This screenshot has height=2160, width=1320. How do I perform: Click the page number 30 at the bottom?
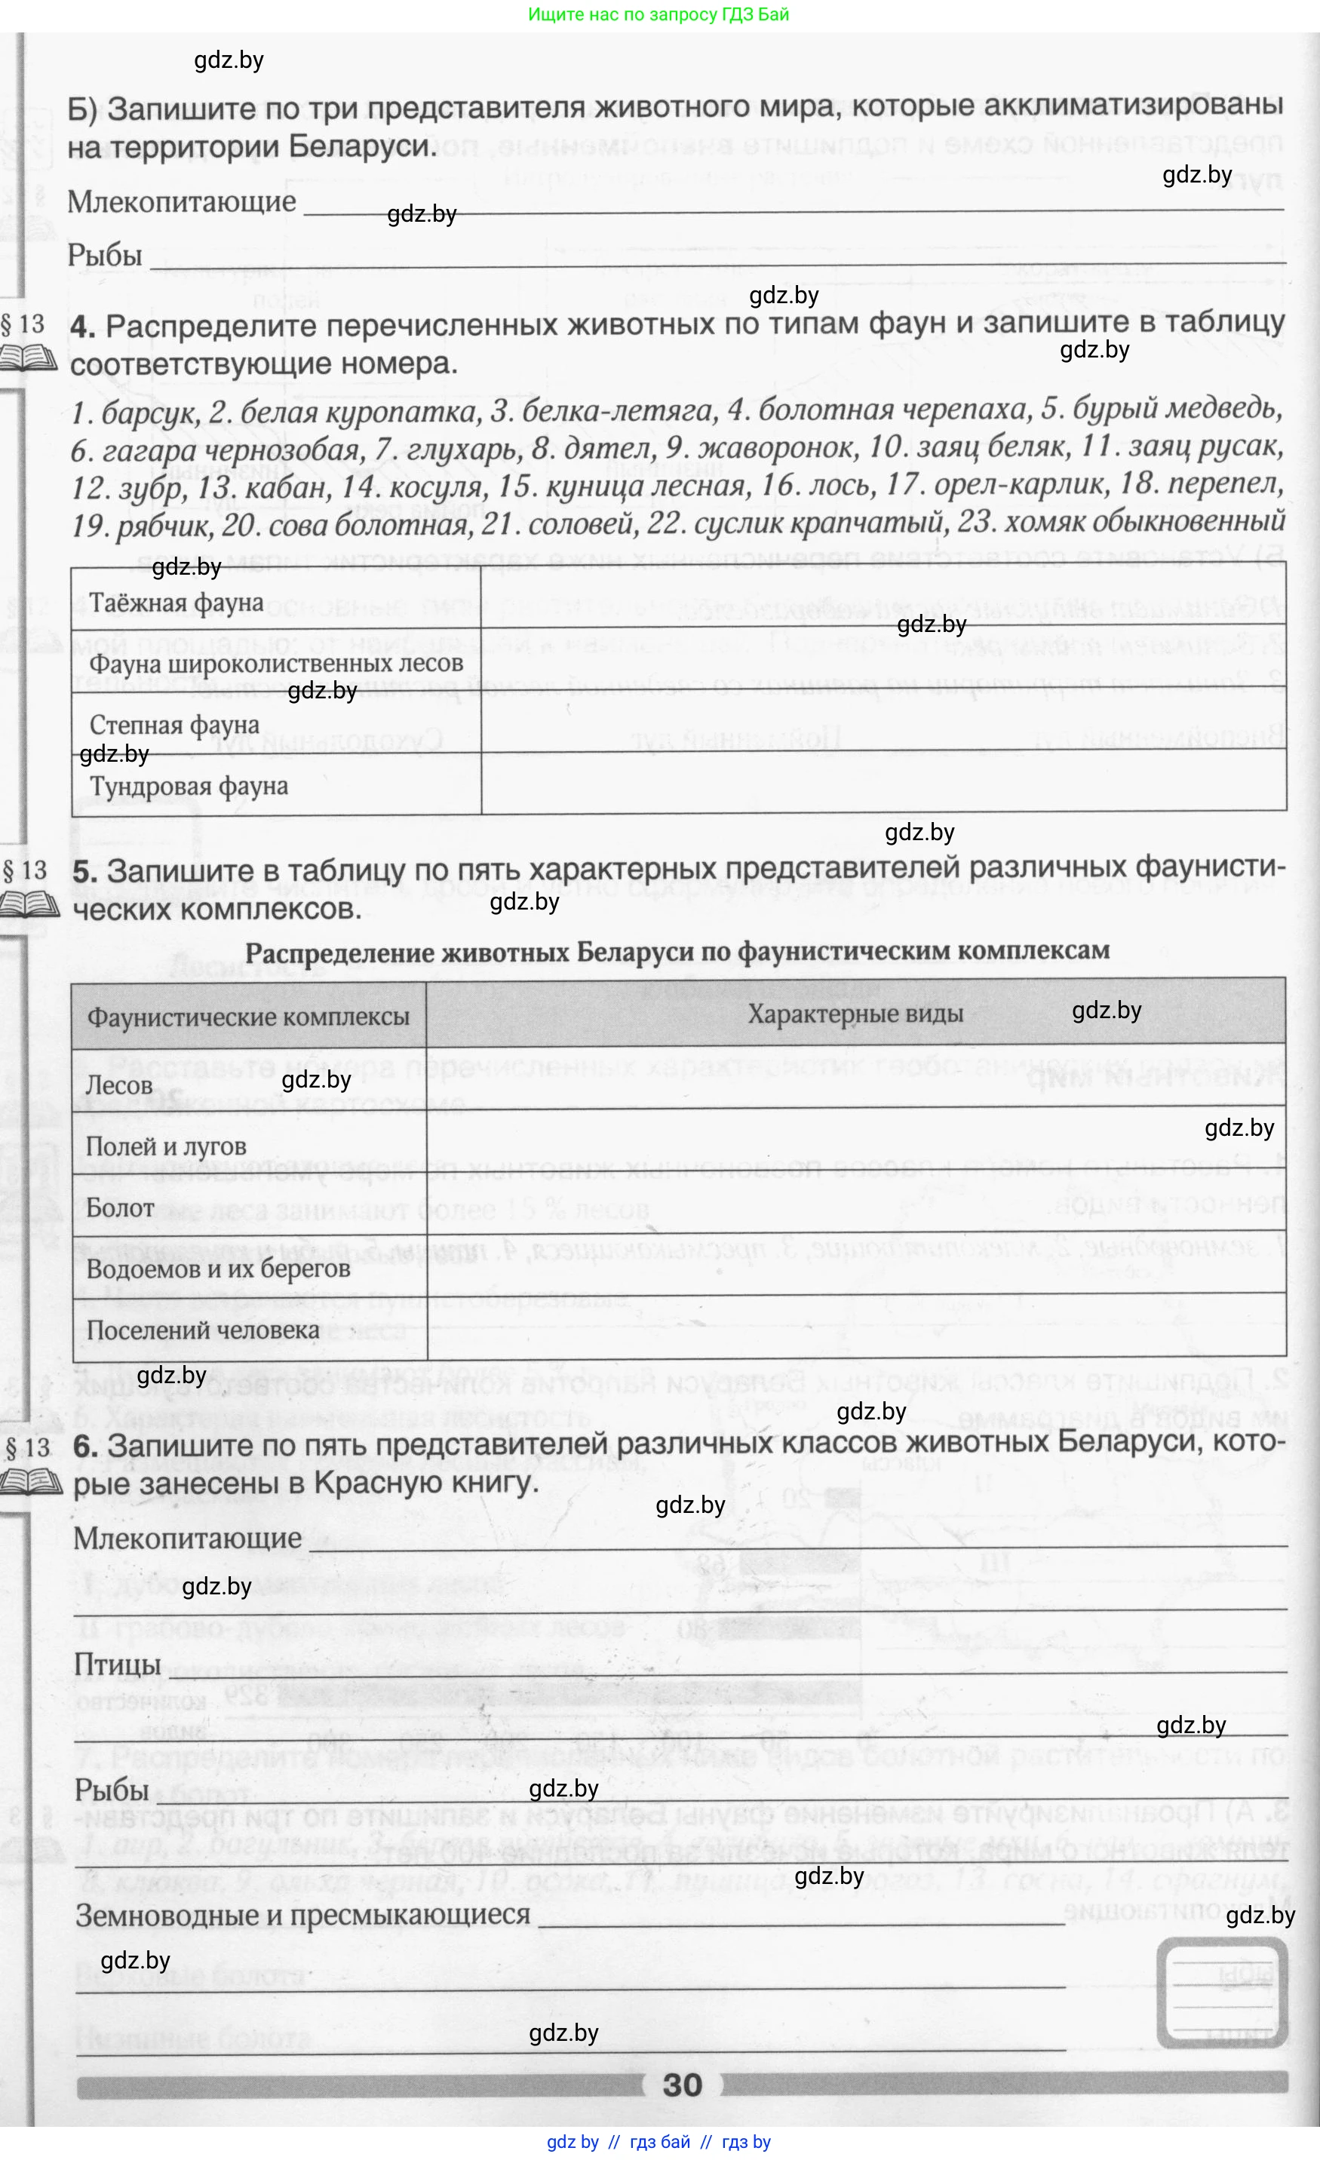coord(682,2085)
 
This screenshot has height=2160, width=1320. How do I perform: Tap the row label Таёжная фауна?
coord(177,603)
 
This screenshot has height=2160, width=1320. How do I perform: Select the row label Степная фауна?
coord(174,725)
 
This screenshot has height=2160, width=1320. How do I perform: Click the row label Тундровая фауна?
coord(189,787)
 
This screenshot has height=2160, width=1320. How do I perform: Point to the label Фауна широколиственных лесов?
coord(276,664)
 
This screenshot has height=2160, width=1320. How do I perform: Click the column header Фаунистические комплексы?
coord(248,1017)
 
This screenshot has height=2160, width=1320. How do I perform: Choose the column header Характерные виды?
coord(855,1014)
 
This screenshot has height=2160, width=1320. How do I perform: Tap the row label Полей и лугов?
coord(166,1146)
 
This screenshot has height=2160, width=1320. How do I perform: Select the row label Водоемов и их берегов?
coord(217,1269)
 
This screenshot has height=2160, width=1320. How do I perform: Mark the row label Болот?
coord(120,1208)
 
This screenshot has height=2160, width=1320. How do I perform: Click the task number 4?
coord(83,327)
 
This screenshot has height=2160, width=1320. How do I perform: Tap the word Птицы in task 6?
coord(118,1664)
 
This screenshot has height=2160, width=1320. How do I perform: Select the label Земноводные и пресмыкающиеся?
coord(302,1915)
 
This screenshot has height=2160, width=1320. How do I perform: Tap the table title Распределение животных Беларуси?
coord(677,951)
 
